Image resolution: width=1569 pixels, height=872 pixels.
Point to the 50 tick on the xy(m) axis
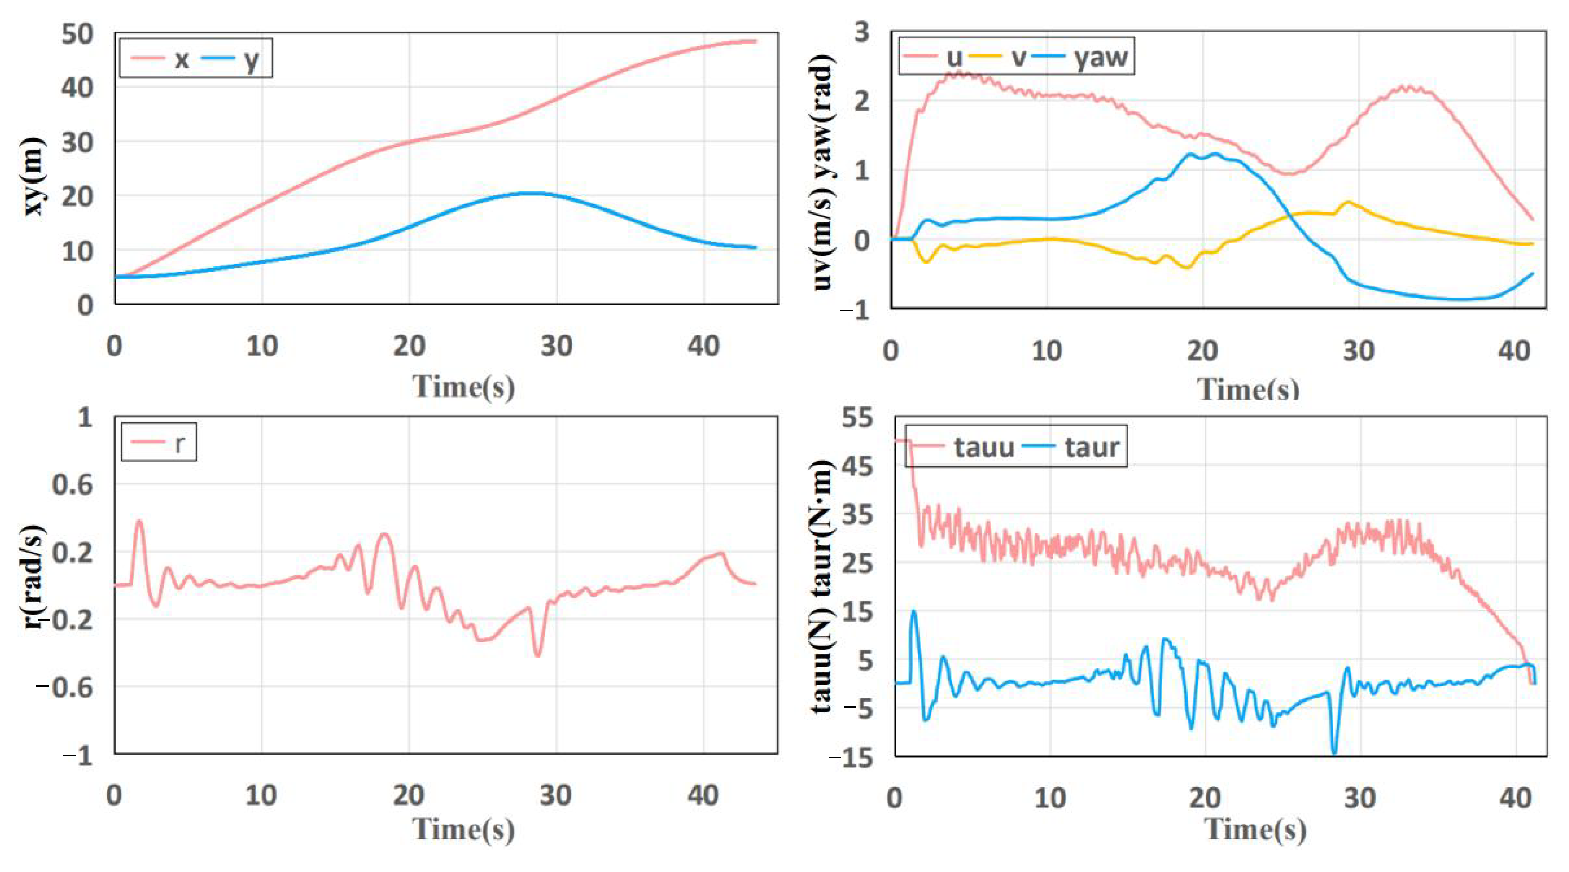pyautogui.click(x=77, y=34)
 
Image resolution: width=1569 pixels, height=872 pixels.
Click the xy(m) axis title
pyautogui.click(x=34, y=177)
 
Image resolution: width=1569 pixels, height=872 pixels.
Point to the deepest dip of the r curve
pyautogui.click(x=537, y=656)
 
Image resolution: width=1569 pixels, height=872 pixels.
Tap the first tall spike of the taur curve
pyautogui.click(x=913, y=611)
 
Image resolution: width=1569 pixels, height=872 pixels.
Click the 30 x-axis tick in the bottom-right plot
pyautogui.click(x=1360, y=798)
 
